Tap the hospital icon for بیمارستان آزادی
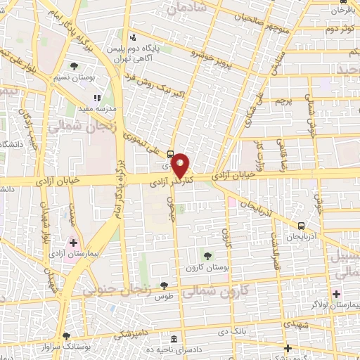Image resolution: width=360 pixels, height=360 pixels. pos(73,243)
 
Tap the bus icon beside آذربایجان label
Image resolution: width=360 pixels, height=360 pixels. pos(302,226)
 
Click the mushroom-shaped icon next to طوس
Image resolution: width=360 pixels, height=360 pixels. pos(164,285)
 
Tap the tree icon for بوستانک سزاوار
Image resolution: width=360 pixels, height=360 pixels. pos(67,336)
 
